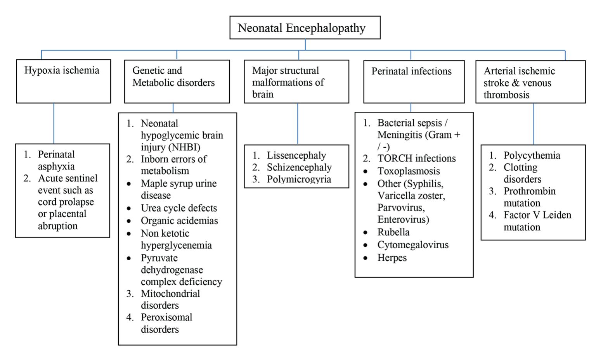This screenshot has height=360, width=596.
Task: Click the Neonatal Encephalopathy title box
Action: click(x=305, y=28)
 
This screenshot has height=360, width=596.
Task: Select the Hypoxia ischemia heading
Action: click(x=62, y=70)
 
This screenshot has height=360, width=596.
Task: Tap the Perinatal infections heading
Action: click(x=411, y=71)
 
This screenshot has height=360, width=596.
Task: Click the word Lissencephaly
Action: click(x=296, y=156)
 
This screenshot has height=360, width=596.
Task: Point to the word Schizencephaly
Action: click(x=299, y=167)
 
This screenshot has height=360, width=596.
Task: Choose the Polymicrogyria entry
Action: click(x=299, y=179)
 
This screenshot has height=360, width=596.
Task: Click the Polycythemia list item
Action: click(x=532, y=156)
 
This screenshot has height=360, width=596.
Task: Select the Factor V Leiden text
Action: click(x=537, y=215)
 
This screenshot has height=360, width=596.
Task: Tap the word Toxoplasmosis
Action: click(x=409, y=171)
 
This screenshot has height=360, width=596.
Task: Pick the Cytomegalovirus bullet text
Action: click(x=413, y=245)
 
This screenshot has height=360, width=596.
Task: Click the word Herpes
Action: click(x=392, y=258)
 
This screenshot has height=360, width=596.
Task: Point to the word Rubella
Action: click(x=393, y=232)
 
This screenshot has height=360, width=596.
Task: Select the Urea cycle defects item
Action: click(x=179, y=208)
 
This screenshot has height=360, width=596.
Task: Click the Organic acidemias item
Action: click(x=179, y=221)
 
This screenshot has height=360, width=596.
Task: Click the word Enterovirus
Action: click(x=402, y=219)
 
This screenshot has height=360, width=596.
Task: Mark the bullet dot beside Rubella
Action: click(x=366, y=232)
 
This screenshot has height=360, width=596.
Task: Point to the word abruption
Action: click(x=57, y=226)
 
